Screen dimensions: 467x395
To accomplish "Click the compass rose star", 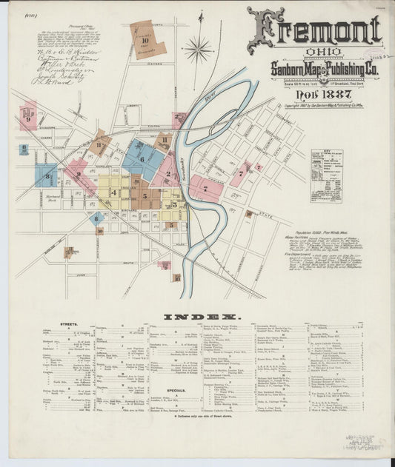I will tap(198, 50).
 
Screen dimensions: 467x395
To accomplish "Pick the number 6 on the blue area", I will tap(142, 159).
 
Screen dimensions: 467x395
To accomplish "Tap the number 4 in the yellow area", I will tap(113, 192).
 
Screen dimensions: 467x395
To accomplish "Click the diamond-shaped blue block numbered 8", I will tap(96, 218).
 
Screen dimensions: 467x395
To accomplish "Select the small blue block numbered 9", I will tap(24, 149).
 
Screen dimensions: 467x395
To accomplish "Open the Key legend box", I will tap(325, 176).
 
